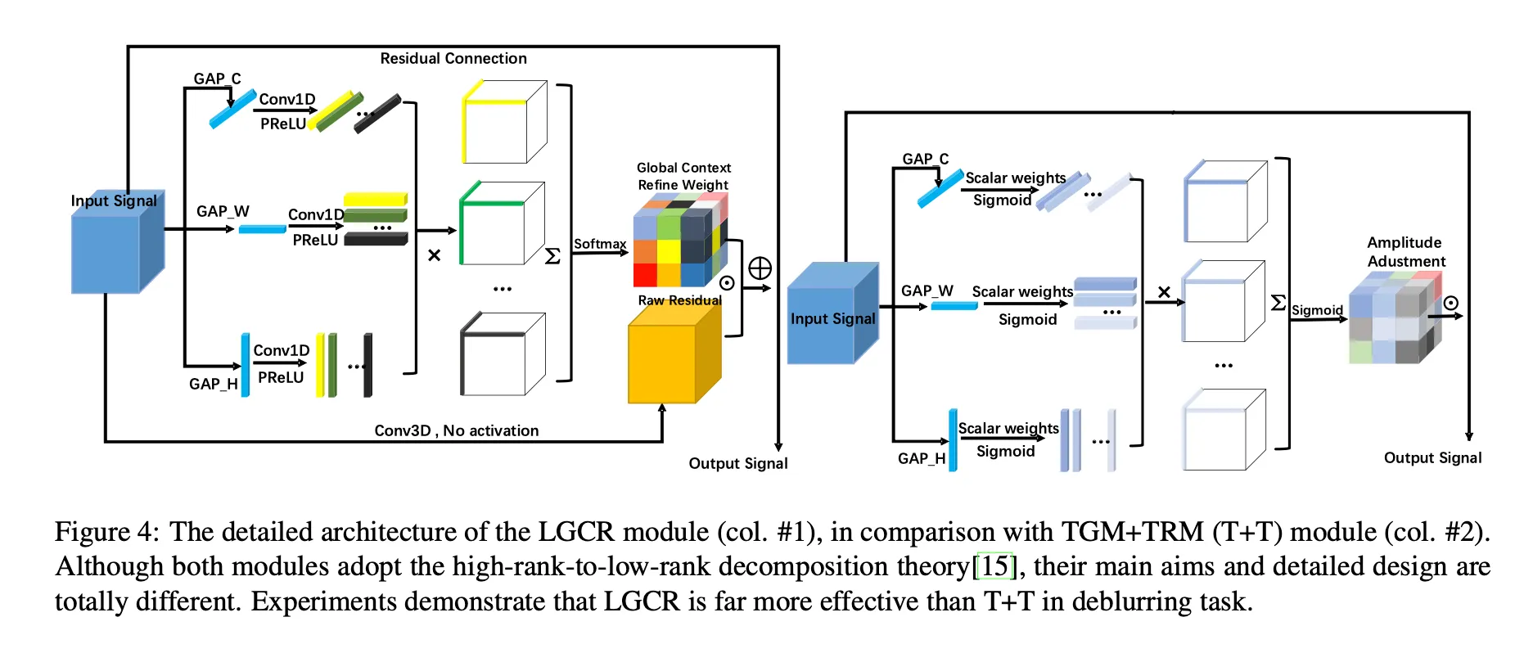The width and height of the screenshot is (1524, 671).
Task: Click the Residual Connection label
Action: [453, 58]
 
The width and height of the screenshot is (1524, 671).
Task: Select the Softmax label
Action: [599, 244]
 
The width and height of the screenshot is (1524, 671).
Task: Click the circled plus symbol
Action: [760, 268]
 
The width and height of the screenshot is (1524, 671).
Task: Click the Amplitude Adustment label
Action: [1405, 252]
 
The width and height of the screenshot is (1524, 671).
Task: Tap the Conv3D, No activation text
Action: [456, 430]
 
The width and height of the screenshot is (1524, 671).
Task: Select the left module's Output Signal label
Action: [737, 463]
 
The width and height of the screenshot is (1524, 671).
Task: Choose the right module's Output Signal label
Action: [1432, 457]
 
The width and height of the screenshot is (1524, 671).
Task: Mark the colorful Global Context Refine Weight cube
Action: [679, 242]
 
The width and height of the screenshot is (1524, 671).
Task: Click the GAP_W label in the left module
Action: [223, 211]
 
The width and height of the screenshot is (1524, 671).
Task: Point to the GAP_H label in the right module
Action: [921, 458]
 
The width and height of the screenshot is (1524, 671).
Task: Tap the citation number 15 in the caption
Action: [994, 566]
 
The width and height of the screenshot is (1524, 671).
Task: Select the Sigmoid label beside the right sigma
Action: [1317, 310]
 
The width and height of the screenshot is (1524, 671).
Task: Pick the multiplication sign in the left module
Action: [434, 255]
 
